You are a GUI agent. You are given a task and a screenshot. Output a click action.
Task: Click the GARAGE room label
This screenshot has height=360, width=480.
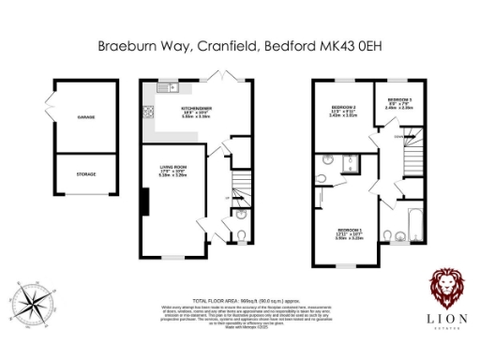tap(86, 116)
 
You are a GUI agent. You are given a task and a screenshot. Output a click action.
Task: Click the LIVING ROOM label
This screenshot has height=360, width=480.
tap(172, 170)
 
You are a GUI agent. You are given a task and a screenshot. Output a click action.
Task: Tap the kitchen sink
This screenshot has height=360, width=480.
tap(167, 88)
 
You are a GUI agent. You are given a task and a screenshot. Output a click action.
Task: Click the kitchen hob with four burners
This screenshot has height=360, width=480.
tap(148, 114)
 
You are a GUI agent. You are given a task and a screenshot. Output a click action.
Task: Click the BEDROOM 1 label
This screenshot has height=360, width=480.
tap(350, 232)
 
